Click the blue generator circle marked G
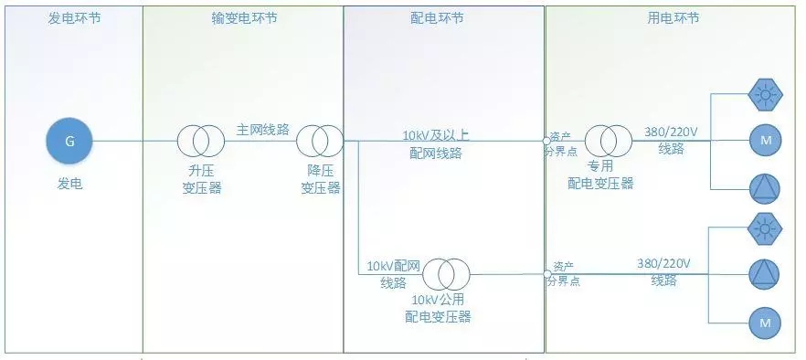coord(70,141)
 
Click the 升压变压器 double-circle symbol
coord(201,141)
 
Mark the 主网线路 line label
coord(262,130)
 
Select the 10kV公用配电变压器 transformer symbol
coord(446,272)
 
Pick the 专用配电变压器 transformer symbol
coord(608,141)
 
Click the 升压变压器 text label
coord(201,180)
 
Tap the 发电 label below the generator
coord(70,184)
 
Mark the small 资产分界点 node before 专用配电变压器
coord(546,141)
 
